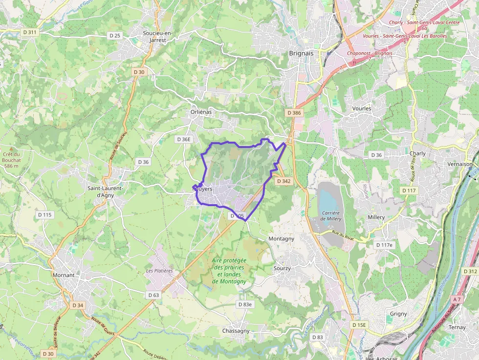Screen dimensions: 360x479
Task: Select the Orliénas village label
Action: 201,112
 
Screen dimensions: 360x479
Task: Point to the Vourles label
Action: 361,108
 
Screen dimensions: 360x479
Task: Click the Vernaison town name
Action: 460,164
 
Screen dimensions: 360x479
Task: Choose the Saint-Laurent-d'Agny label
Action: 105,191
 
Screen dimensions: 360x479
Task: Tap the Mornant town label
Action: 64,275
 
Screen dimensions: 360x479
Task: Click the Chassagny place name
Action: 236,331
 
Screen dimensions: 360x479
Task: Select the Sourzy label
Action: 282,268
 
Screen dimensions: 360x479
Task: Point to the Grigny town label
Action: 398,314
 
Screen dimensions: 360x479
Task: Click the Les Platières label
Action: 159,271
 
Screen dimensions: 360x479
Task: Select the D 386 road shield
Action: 294,113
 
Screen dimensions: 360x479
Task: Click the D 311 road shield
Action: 30,32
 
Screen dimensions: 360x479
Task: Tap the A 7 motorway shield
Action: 457,299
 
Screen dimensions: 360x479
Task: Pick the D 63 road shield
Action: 153,295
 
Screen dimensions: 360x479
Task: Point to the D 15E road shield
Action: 359,325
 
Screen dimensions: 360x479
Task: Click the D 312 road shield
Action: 470,271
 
